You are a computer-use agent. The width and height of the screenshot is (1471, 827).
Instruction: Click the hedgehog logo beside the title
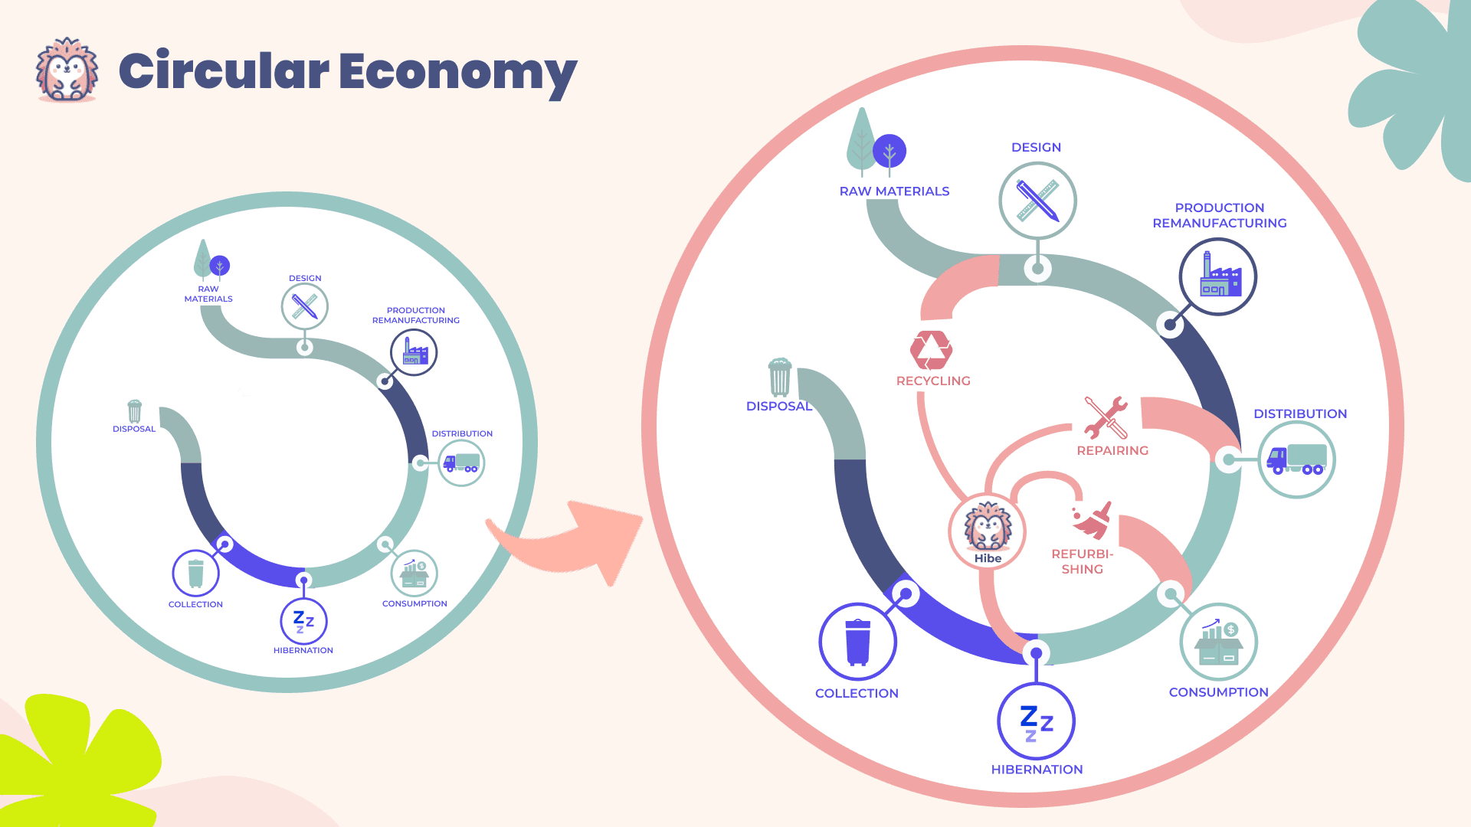click(x=67, y=70)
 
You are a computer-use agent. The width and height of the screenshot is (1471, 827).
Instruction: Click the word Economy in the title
click(x=457, y=71)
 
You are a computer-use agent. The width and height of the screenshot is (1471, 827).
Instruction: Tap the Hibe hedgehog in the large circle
click(x=988, y=529)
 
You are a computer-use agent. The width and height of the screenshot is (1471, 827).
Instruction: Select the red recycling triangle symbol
click(x=931, y=350)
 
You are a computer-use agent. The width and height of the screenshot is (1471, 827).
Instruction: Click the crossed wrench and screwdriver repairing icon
click(x=1106, y=417)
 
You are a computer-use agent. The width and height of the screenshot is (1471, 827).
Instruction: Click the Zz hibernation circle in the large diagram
click(x=1036, y=721)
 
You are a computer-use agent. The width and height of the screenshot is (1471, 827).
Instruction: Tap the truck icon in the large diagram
click(x=1296, y=459)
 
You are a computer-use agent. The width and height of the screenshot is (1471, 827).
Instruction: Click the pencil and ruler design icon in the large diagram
click(x=1037, y=201)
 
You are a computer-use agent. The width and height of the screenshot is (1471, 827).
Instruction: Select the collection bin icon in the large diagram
click(x=857, y=642)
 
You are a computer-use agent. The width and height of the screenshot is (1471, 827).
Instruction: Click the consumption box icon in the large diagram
click(x=1218, y=642)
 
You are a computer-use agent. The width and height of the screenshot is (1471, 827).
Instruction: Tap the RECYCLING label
click(x=933, y=381)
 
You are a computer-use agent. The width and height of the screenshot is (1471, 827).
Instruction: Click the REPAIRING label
click(x=1112, y=451)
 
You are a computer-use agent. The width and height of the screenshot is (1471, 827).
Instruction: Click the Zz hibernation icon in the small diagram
click(x=303, y=622)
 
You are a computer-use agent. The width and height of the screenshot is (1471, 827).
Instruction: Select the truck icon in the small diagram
click(x=461, y=463)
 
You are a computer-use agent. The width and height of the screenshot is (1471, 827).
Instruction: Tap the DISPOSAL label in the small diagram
click(x=134, y=430)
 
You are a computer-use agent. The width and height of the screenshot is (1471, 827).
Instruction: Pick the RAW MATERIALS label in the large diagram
click(x=894, y=191)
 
